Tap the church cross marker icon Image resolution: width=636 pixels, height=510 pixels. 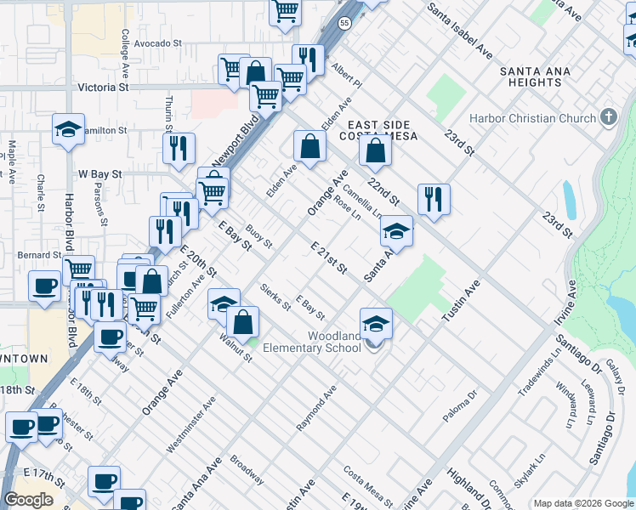pos(608,117)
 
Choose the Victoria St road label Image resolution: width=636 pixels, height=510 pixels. pos(102,87)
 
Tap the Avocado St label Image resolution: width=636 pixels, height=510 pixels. pos(158,42)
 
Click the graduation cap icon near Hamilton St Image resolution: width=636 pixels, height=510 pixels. pos(68,128)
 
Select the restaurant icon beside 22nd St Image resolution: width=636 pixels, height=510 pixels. pos(434,199)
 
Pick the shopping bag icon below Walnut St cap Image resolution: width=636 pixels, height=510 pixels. pos(243,321)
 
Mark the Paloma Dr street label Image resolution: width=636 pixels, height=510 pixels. pos(462,407)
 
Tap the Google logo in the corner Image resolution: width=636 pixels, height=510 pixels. pos(29,500)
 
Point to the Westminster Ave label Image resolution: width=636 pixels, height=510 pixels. pos(186,429)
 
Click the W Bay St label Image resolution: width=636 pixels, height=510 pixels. pos(100,173)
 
